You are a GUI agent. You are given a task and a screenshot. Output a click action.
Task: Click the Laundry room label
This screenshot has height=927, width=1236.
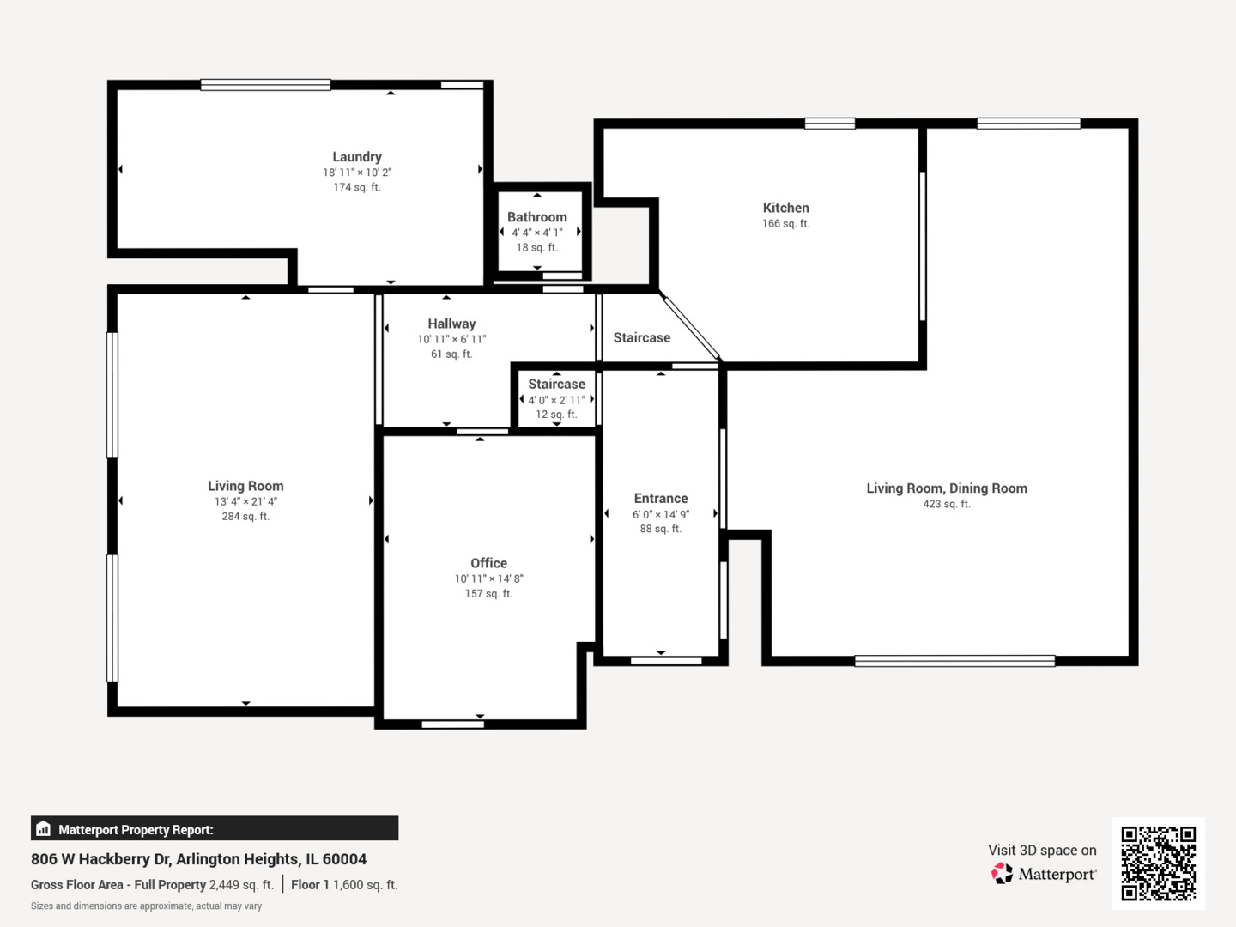[x=357, y=157]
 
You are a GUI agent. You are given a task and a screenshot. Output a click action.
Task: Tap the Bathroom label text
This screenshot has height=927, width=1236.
[x=536, y=217]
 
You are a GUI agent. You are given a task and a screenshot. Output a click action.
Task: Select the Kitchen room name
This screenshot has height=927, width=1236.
[x=785, y=208]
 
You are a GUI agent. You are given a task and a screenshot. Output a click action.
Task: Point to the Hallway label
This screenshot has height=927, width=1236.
[x=451, y=324]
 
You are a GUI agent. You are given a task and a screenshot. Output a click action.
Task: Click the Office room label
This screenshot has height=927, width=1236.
[x=488, y=563]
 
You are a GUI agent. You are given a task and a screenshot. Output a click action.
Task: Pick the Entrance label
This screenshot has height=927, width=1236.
[x=660, y=498]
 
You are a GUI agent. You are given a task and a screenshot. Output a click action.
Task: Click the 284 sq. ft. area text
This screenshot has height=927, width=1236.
[x=245, y=517]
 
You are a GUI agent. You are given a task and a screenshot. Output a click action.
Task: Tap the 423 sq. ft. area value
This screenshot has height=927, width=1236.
[x=946, y=504]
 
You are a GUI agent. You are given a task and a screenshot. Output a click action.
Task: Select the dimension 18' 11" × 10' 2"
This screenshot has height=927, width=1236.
[x=357, y=173]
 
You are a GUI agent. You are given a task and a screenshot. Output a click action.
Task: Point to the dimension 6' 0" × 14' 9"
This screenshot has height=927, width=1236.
[x=660, y=514]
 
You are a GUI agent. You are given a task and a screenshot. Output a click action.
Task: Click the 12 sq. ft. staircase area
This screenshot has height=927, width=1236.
[x=556, y=415]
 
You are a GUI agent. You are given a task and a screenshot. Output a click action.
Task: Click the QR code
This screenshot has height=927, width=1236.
[x=1158, y=863]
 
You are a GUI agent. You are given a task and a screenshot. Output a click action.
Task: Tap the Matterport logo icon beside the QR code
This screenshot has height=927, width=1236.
[x=1002, y=874]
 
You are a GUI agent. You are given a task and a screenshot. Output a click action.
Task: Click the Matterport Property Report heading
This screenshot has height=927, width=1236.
[x=136, y=830]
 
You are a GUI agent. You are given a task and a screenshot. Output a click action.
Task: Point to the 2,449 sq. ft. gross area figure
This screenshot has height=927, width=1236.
[x=241, y=885]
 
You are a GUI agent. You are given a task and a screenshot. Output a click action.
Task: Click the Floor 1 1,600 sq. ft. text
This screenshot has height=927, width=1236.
[x=344, y=885]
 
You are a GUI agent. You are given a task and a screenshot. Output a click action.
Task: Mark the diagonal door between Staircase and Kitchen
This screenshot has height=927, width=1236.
[x=692, y=328]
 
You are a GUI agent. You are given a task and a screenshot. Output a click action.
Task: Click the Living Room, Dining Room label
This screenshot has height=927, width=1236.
[x=946, y=488]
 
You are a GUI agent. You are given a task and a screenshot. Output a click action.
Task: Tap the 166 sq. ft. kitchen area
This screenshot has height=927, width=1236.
[x=785, y=224]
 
